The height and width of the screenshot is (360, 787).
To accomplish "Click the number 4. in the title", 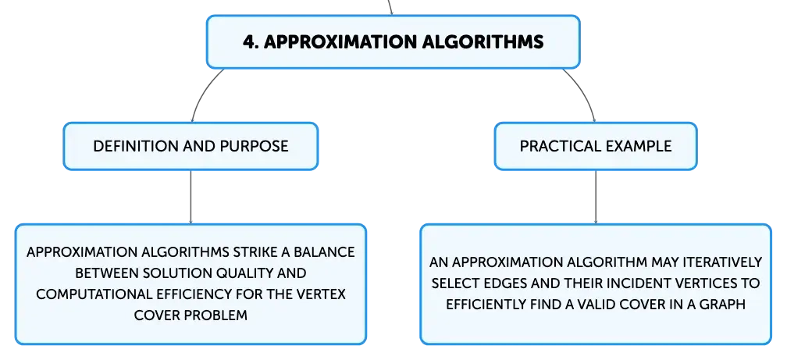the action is (x=251, y=41).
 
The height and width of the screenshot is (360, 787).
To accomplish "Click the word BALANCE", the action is (x=326, y=251).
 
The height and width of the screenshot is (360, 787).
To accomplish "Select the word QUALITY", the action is (x=243, y=273).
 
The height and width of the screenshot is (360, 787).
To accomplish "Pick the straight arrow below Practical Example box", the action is (x=596, y=197).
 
